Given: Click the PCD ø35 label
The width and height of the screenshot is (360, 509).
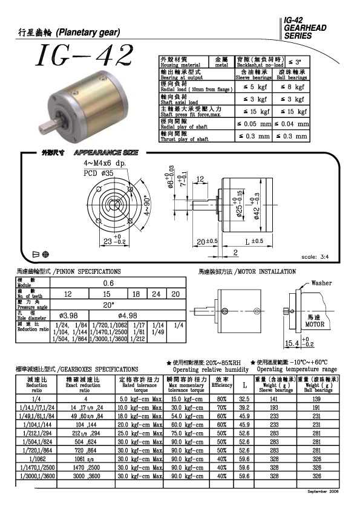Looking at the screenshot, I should pyautogui.click(x=98, y=172).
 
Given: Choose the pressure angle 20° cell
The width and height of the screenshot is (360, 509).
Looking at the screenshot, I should pyautogui.click(x=109, y=304).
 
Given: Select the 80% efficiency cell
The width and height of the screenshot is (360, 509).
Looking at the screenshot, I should pyautogui.click(x=221, y=399).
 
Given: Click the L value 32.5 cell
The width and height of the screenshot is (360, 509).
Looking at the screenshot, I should pyautogui.click(x=244, y=399).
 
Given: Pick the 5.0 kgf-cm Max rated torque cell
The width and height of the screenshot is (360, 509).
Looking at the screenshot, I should pyautogui.click(x=140, y=399).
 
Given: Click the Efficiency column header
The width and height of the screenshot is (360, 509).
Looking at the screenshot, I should pyautogui.click(x=221, y=384).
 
